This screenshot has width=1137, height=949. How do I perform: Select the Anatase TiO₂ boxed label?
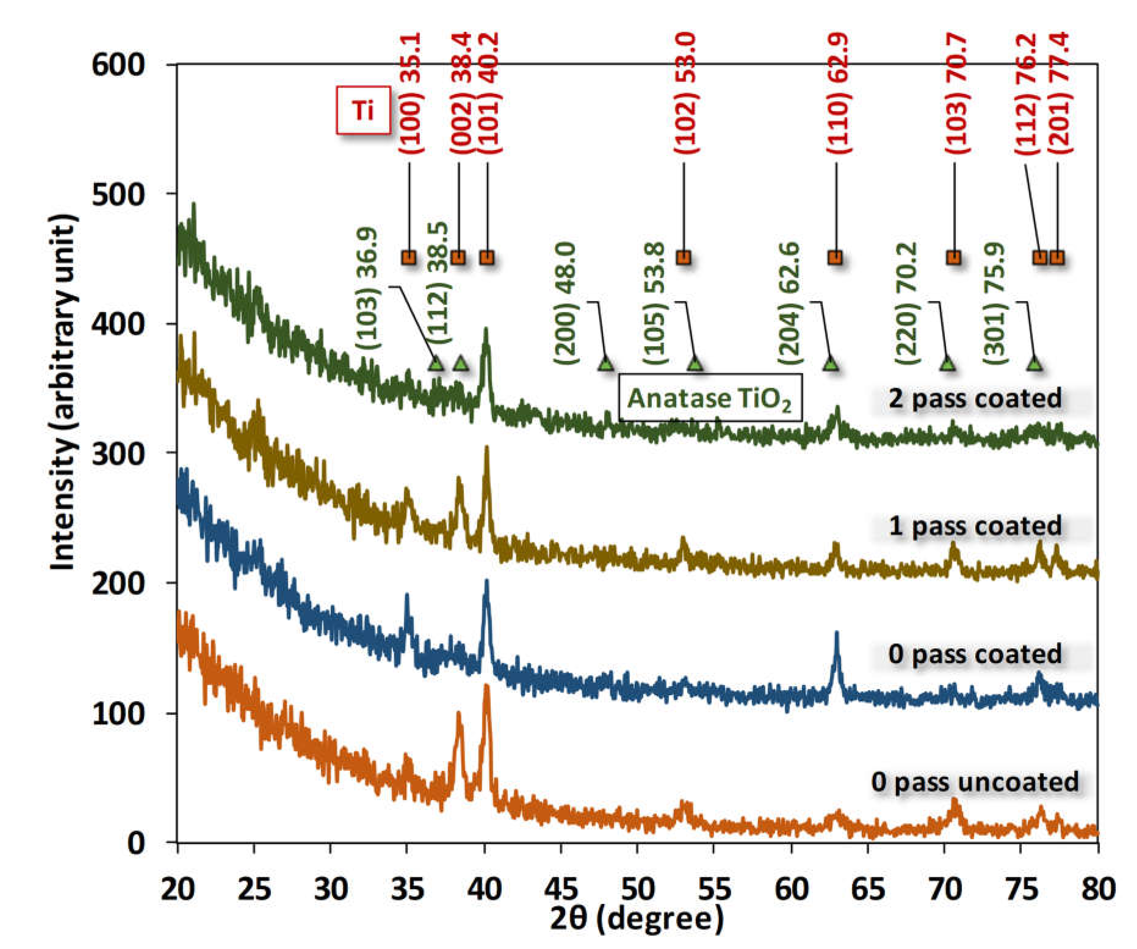[710, 399]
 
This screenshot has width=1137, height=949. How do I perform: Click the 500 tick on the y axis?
[118, 194]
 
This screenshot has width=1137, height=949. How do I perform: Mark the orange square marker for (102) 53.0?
[684, 257]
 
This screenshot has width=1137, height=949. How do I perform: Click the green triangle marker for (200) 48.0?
[606, 364]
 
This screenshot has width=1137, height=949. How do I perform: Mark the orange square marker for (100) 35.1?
[409, 257]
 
